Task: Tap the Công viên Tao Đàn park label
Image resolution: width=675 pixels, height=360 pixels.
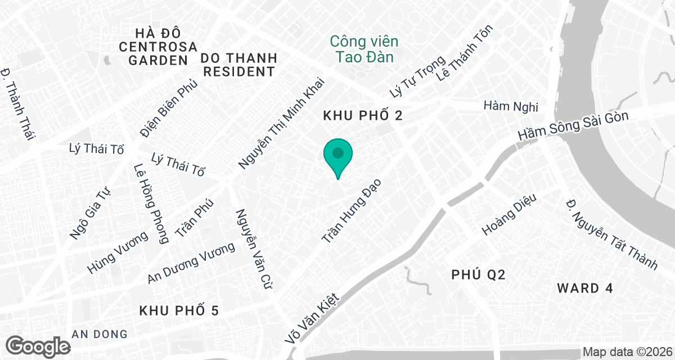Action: tap(364, 49)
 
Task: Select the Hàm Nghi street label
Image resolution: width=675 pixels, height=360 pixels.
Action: tap(511, 106)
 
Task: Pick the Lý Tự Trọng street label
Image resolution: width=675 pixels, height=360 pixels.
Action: tap(418, 76)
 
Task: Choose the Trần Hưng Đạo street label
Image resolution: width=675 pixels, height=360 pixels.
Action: tap(351, 211)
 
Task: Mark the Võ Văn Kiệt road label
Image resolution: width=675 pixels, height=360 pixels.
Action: tap(313, 319)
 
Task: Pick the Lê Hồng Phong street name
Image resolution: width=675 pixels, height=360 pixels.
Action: tap(151, 204)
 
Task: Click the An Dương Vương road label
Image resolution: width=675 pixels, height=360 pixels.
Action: tap(191, 263)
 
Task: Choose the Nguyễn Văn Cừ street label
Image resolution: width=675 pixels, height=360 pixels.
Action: tap(250, 249)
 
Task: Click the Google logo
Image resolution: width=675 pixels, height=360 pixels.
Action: tap(38, 345)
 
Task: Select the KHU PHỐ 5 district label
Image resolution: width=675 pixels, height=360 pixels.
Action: tap(178, 310)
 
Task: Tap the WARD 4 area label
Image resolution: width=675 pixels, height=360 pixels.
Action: tap(585, 289)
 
